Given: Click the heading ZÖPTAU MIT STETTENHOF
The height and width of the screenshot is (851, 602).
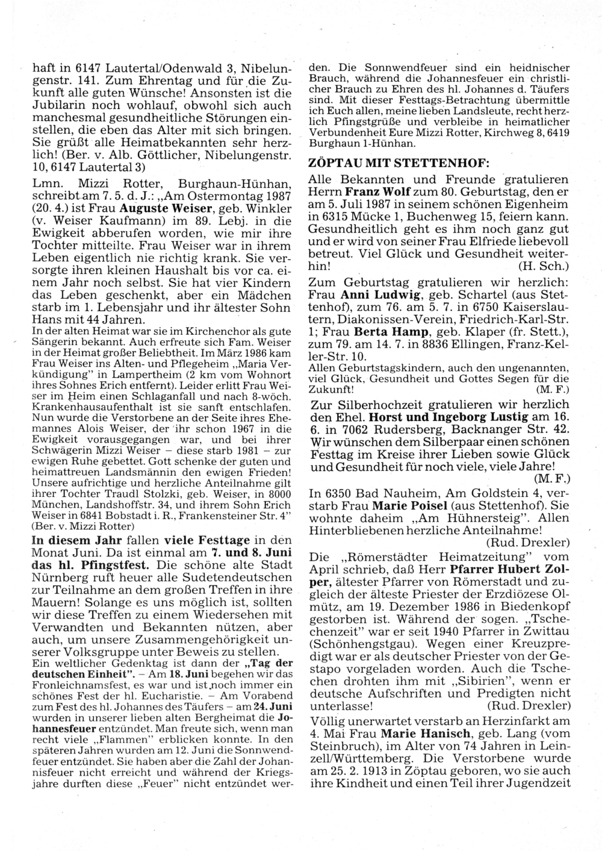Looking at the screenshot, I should click(x=399, y=163).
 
